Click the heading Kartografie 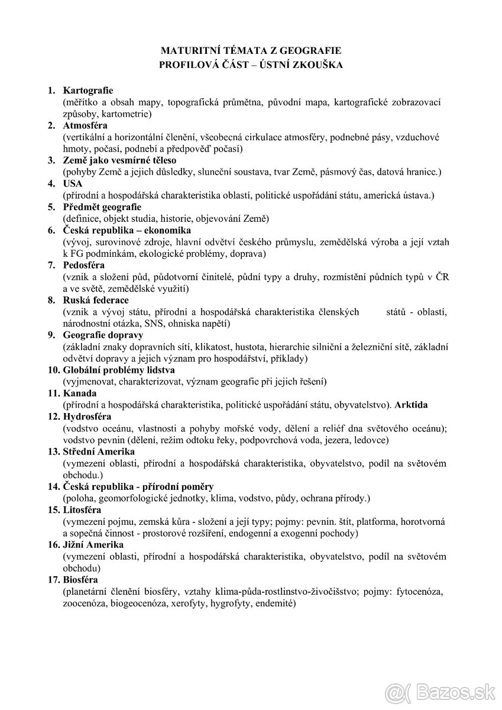click(88, 91)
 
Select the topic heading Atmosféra click(87, 125)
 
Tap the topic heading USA click(73, 183)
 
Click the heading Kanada click(80, 393)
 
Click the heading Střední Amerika click(99, 451)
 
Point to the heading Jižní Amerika click(93, 544)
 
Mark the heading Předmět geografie click(102, 206)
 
